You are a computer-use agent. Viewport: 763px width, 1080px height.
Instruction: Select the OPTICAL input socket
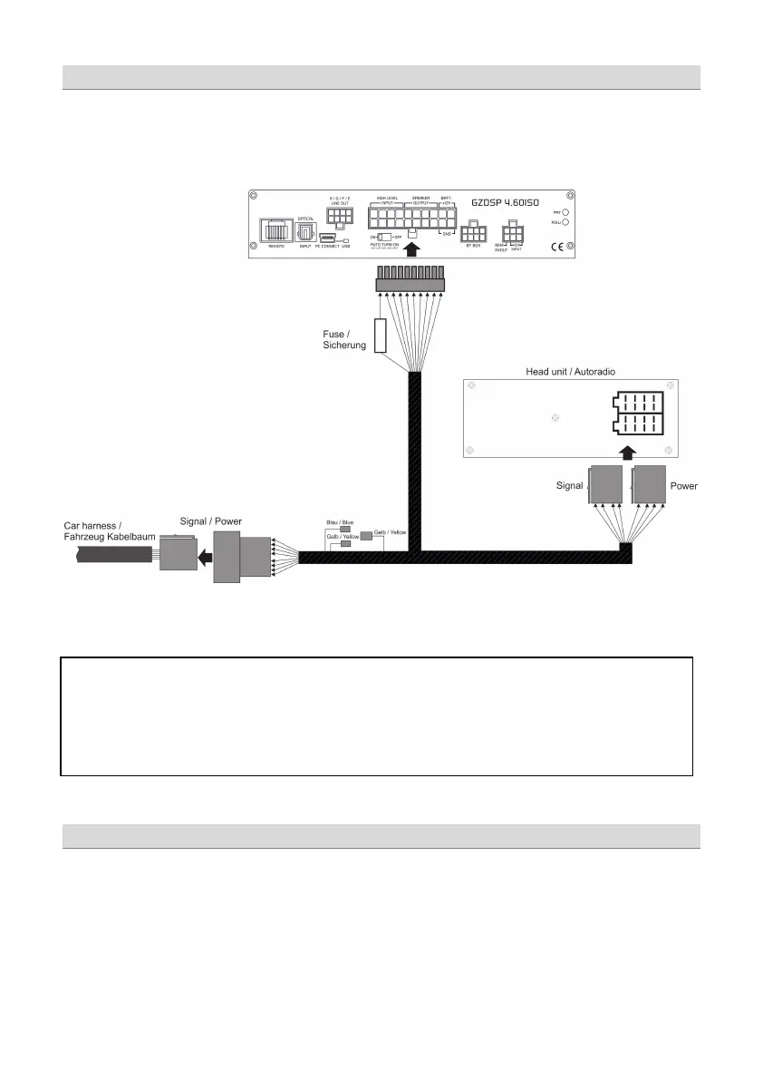[x=305, y=230]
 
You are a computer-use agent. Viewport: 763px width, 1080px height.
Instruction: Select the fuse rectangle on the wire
[x=381, y=334]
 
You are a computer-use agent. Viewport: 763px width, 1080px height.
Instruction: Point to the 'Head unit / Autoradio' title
[x=571, y=372]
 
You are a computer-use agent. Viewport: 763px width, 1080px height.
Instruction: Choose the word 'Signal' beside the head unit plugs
[x=568, y=486]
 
